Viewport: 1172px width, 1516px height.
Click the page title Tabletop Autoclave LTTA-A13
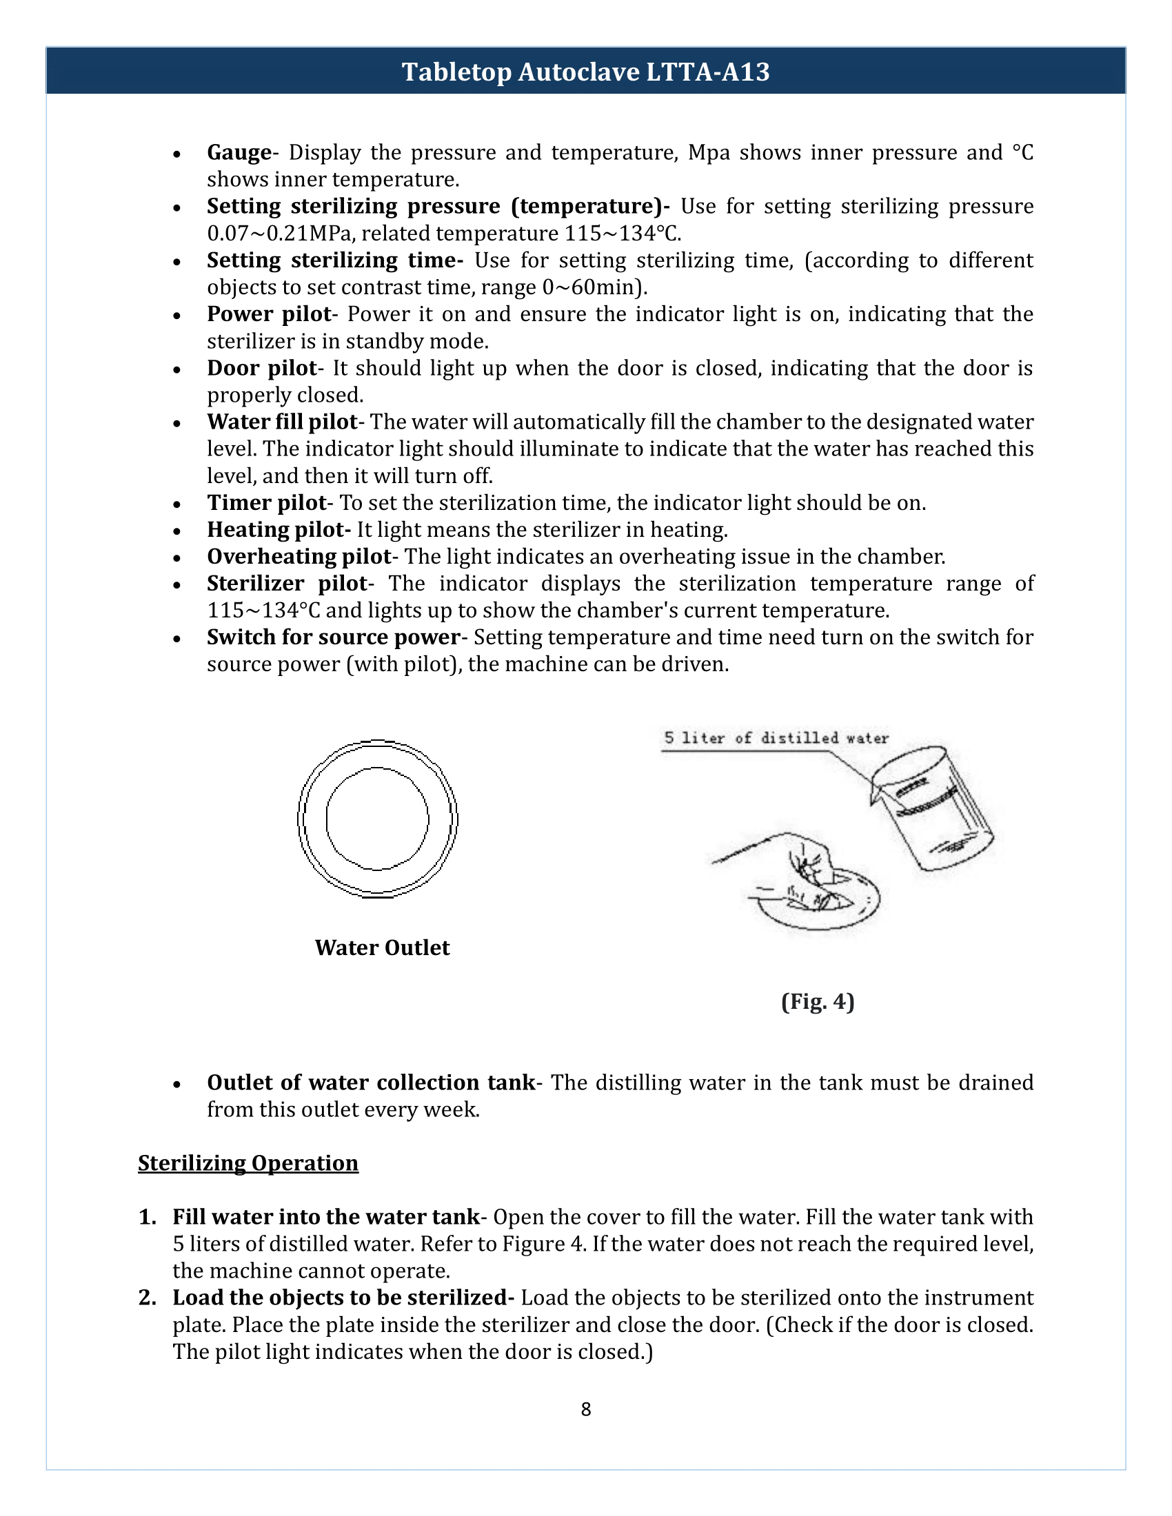point(585,72)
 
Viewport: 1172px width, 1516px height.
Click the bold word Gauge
point(239,153)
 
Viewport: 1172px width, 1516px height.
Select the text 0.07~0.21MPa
point(279,234)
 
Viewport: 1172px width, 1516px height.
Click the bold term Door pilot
point(262,369)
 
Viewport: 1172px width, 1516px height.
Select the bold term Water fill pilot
point(281,422)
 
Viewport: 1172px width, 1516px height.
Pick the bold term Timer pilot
point(267,503)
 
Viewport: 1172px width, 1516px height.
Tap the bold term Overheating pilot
point(299,557)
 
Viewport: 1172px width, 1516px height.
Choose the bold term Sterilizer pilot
point(287,584)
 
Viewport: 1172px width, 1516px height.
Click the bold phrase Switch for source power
point(333,638)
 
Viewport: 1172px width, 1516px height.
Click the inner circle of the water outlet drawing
point(377,819)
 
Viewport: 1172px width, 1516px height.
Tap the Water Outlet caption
point(382,948)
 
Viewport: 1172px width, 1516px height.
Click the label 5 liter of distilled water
point(776,739)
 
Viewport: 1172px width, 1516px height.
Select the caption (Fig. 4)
point(817,1003)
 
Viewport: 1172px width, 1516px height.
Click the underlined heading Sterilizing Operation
point(248,1163)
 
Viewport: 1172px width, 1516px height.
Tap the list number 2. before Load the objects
point(148,1298)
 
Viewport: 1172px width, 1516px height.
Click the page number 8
point(586,1409)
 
